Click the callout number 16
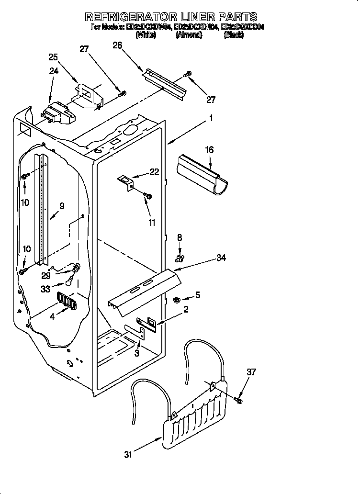(209, 150)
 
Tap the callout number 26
(117, 45)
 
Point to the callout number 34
(221, 258)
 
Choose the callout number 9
(61, 206)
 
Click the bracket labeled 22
(126, 182)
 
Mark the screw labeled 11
(147, 196)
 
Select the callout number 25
(53, 57)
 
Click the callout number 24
(53, 71)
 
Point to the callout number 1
(211, 117)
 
